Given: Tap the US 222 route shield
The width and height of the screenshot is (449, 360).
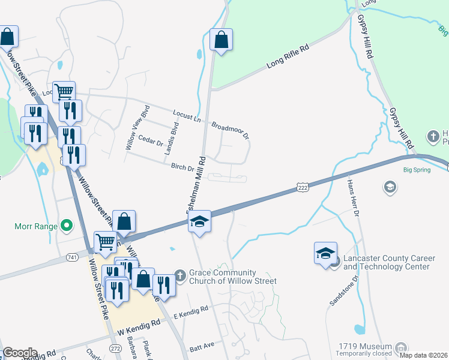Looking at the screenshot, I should pyautogui.click(x=303, y=188).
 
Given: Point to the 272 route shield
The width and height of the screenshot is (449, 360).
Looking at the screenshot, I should pyautogui.click(x=116, y=348).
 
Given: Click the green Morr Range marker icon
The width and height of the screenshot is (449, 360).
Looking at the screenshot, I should pyautogui.click(x=67, y=227).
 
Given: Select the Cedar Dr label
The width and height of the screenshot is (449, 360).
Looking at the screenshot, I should pyautogui.click(x=151, y=142).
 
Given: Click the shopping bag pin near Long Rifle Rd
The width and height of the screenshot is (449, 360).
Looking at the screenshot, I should pyautogui.click(x=221, y=40).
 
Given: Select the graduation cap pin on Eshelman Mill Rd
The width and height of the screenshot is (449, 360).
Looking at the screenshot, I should pyautogui.click(x=199, y=222).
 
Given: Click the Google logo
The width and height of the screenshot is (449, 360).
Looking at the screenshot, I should pyautogui.click(x=20, y=353).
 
